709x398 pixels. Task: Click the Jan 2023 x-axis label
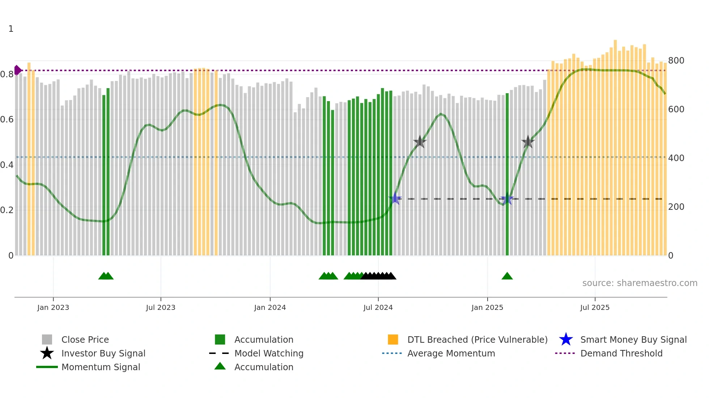pyautogui.click(x=53, y=307)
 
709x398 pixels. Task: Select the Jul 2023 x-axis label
pyautogui.click(x=161, y=307)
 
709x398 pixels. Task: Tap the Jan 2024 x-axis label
pyautogui.click(x=270, y=307)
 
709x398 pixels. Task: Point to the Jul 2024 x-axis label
pyautogui.click(x=378, y=307)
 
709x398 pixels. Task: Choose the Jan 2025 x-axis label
pyautogui.click(x=487, y=307)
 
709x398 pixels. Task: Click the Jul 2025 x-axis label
pyautogui.click(x=595, y=307)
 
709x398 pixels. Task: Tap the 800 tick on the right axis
pyautogui.click(x=676, y=61)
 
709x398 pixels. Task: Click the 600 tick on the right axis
pyautogui.click(x=676, y=109)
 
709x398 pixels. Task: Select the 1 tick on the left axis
pyautogui.click(x=11, y=29)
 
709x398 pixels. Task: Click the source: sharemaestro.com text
pyautogui.click(x=640, y=283)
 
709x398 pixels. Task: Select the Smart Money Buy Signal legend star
pyautogui.click(x=566, y=339)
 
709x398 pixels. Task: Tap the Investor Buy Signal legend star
pyautogui.click(x=47, y=353)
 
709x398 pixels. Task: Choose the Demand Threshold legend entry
pyautogui.click(x=621, y=353)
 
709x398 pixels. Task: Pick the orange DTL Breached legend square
pyautogui.click(x=393, y=339)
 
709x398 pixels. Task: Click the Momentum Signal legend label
pyautogui.click(x=101, y=367)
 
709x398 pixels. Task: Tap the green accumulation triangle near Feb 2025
pyautogui.click(x=507, y=276)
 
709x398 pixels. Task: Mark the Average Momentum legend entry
pyautogui.click(x=451, y=353)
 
